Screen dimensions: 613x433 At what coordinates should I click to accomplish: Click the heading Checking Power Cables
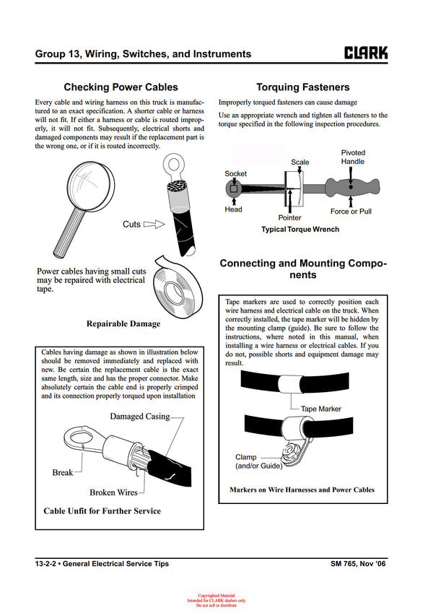[121, 87]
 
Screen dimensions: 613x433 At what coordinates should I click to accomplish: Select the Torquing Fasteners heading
[302, 87]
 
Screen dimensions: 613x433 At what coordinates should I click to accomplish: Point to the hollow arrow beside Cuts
[154, 225]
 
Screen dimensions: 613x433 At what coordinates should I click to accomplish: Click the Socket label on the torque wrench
[235, 174]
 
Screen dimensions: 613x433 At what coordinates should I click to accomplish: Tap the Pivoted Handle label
[353, 157]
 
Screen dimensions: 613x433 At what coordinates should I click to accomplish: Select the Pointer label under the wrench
[289, 217]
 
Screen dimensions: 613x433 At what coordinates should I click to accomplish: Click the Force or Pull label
[351, 212]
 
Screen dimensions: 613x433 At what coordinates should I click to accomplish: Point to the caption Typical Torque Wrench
[299, 230]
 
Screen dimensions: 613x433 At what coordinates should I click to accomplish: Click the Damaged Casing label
[139, 417]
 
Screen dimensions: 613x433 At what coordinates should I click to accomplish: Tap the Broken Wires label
[113, 492]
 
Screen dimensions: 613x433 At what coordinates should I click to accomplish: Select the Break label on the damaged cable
[62, 473]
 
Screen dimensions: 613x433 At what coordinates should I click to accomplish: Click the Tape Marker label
[321, 409]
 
